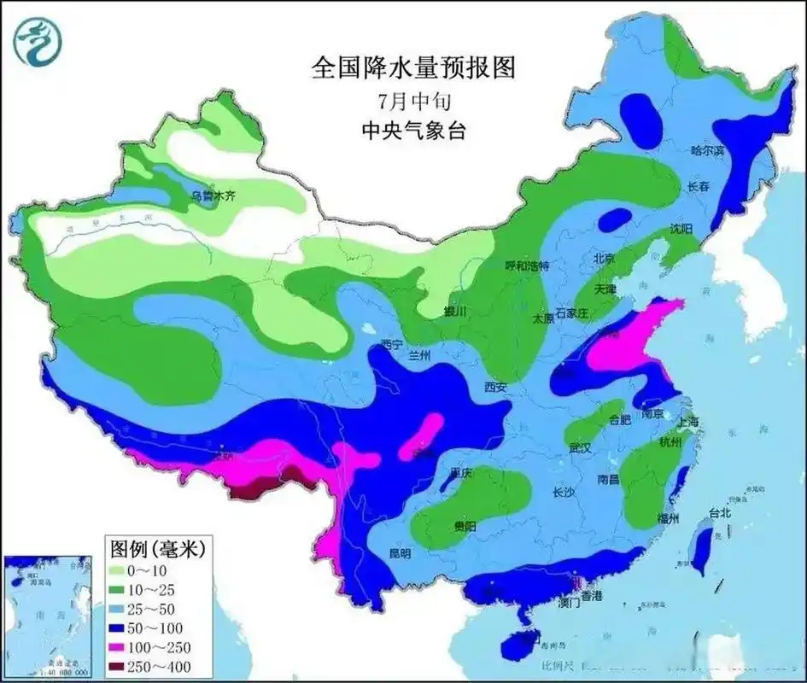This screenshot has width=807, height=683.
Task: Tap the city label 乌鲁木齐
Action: (213, 197)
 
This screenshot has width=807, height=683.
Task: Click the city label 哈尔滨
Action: (707, 150)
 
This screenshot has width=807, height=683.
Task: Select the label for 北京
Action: (605, 257)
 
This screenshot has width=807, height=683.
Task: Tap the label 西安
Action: (495, 387)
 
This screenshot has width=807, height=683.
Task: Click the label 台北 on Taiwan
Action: (719, 513)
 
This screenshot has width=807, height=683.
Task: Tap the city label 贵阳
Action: (465, 526)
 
